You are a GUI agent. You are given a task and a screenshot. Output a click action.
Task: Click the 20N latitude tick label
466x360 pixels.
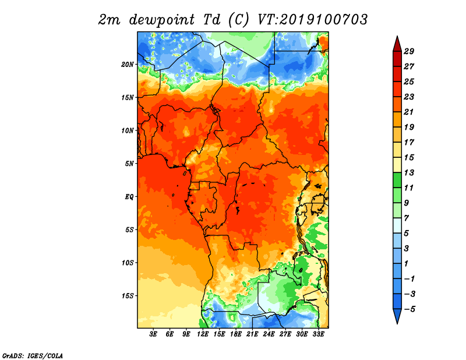click(x=128, y=65)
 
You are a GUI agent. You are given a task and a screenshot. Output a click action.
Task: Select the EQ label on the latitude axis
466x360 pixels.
click(x=129, y=197)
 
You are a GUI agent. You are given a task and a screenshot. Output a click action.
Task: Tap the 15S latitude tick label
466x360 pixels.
click(x=128, y=296)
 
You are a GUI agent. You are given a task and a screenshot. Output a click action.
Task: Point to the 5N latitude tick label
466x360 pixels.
click(x=129, y=164)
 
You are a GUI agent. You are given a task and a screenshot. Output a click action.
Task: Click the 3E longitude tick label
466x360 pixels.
click(x=153, y=334)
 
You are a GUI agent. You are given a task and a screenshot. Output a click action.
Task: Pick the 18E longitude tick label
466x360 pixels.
click(x=236, y=334)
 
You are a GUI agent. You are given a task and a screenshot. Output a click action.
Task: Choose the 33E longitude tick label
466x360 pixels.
click(x=318, y=334)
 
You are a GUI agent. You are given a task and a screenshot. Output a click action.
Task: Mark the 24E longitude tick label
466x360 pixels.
click(x=269, y=334)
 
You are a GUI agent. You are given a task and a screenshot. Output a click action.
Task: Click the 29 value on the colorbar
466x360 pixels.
click(x=409, y=51)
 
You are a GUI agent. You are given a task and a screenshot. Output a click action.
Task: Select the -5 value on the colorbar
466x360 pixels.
click(x=409, y=309)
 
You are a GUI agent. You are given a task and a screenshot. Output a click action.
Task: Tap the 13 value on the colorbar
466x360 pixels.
click(x=409, y=172)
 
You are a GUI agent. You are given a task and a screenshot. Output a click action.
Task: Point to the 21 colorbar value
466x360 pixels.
click(x=409, y=112)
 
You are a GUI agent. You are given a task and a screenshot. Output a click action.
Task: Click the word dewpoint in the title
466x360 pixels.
click(x=162, y=20)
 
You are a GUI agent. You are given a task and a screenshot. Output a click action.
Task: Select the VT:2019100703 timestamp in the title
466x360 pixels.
click(x=312, y=20)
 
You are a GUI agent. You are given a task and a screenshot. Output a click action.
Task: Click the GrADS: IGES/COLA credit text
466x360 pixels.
click(x=33, y=355)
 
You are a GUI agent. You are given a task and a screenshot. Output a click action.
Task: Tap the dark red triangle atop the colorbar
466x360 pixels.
click(x=397, y=44)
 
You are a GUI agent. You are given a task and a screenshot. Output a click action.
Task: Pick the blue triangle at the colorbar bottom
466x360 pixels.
click(x=397, y=316)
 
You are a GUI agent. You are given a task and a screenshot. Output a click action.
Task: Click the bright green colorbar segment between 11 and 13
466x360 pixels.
click(x=397, y=180)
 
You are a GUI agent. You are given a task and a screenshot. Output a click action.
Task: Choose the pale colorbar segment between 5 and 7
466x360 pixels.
click(x=397, y=225)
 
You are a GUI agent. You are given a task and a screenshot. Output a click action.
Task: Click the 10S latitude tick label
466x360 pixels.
click(x=128, y=263)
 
